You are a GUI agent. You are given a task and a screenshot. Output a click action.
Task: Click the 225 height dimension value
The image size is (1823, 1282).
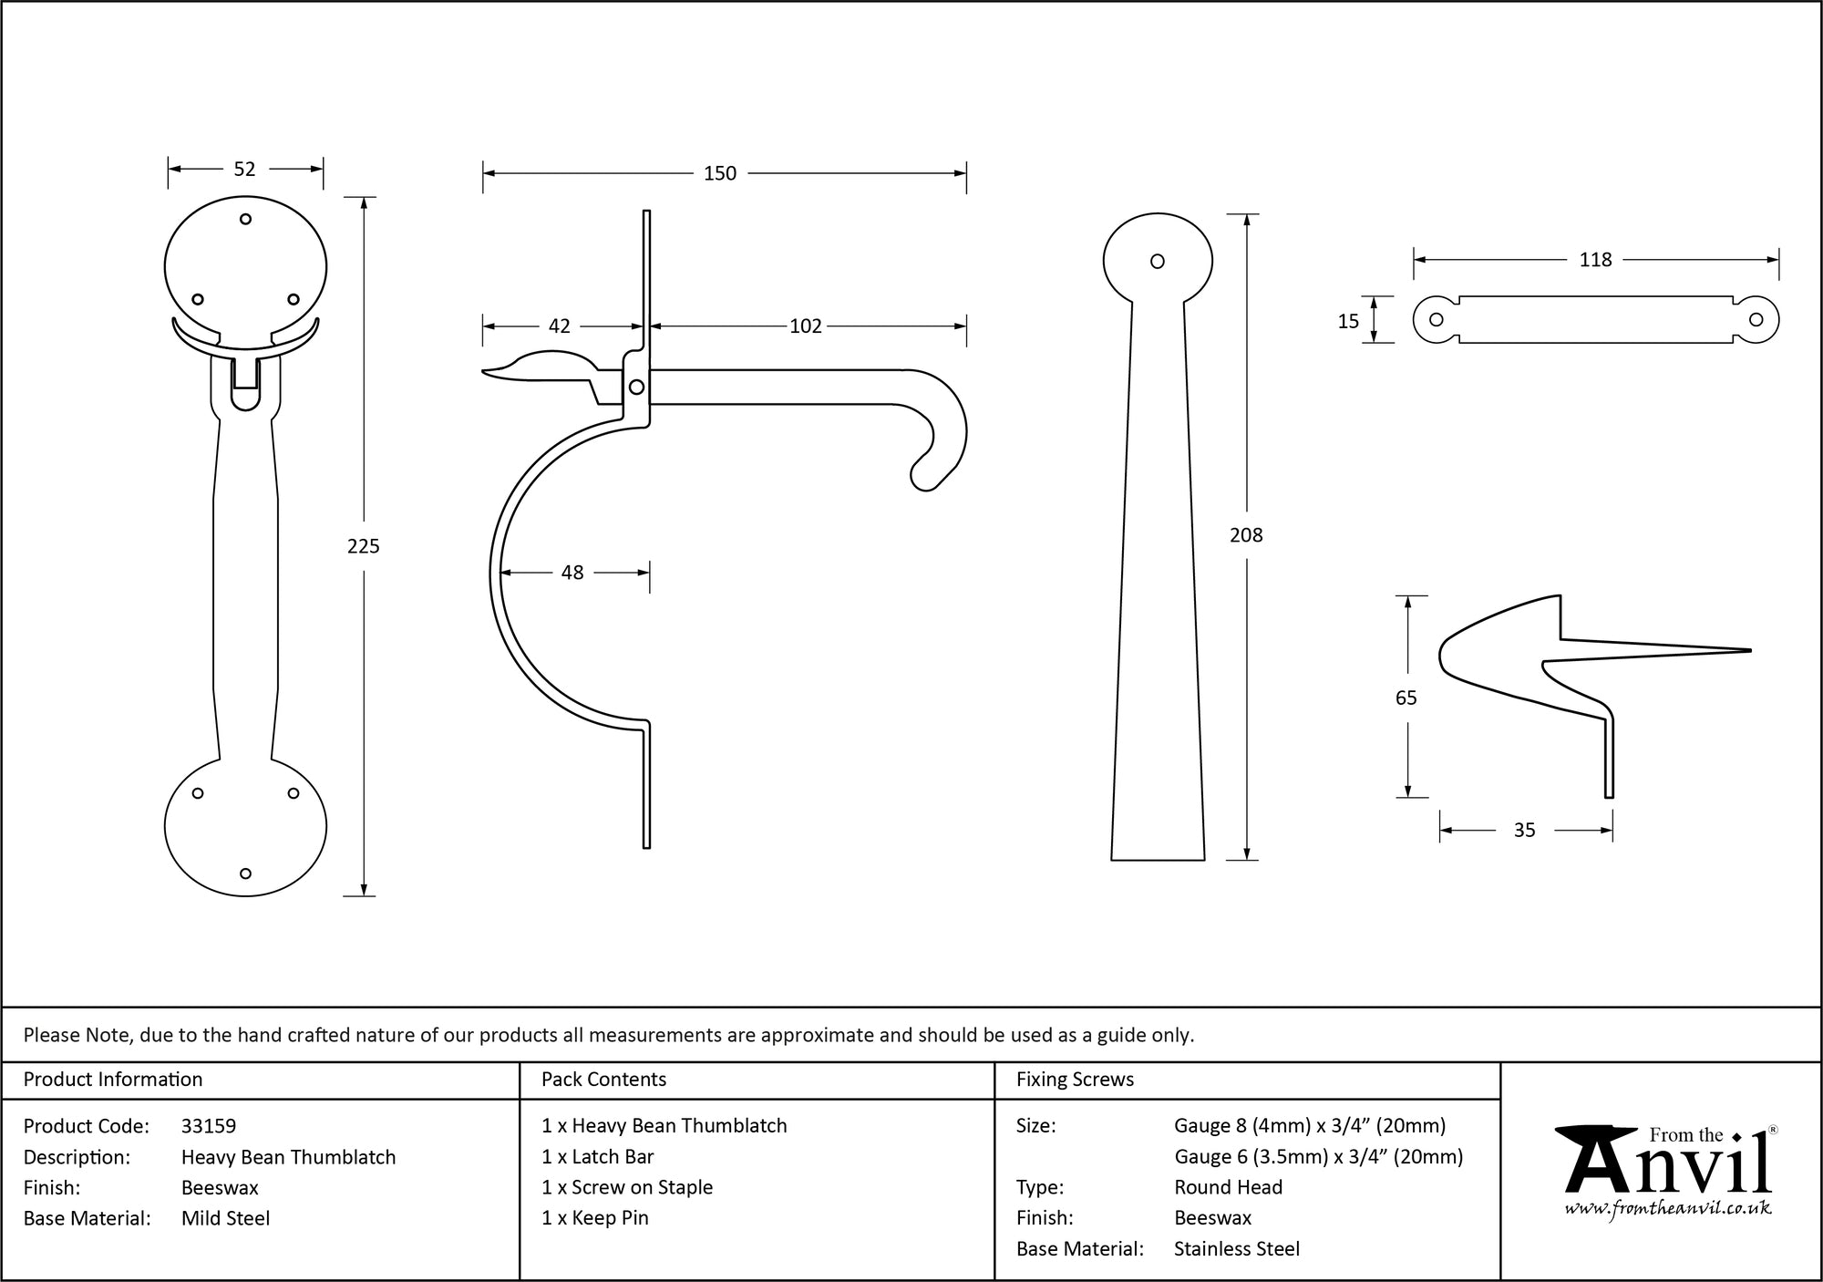pyautogui.click(x=363, y=546)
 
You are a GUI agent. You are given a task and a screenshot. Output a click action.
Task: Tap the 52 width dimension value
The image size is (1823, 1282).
pyautogui.click(x=244, y=169)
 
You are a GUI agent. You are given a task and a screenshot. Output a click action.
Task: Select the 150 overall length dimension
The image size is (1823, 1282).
pyautogui.click(x=720, y=173)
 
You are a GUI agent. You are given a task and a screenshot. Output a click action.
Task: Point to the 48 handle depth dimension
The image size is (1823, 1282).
pyautogui.click(x=572, y=573)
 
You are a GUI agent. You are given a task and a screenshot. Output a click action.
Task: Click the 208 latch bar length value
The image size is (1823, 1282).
pyautogui.click(x=1246, y=535)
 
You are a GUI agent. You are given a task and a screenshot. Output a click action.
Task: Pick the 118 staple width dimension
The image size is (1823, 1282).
pyautogui.click(x=1595, y=260)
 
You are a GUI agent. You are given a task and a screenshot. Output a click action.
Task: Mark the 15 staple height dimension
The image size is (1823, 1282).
pyautogui.click(x=1348, y=321)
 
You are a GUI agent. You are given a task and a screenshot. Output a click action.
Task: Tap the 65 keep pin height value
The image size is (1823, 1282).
pyautogui.click(x=1406, y=698)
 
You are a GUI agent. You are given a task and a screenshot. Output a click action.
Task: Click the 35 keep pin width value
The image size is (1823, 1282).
pyautogui.click(x=1524, y=830)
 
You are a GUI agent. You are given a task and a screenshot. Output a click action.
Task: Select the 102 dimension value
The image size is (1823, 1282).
pyautogui.click(x=806, y=326)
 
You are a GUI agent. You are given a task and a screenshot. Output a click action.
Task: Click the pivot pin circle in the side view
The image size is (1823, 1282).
pyautogui.click(x=636, y=388)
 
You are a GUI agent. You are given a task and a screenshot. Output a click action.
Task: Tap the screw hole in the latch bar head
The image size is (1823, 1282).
pyautogui.click(x=1158, y=262)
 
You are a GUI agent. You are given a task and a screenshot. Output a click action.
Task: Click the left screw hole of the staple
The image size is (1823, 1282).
pyautogui.click(x=1437, y=320)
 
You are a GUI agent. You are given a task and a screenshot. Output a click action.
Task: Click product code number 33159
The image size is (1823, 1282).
pyautogui.click(x=209, y=1126)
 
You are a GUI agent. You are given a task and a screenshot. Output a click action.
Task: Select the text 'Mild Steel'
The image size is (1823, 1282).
pyautogui.click(x=225, y=1218)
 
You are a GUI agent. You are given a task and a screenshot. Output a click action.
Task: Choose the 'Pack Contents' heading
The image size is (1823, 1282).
pyautogui.click(x=603, y=1080)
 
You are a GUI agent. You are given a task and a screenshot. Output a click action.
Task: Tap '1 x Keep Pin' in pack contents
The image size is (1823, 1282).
pyautogui.click(x=594, y=1218)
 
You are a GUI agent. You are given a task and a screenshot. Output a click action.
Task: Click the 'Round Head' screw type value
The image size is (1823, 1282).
pyautogui.click(x=1228, y=1187)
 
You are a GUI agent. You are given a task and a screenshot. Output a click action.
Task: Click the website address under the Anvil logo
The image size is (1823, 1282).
pyautogui.click(x=1668, y=1209)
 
